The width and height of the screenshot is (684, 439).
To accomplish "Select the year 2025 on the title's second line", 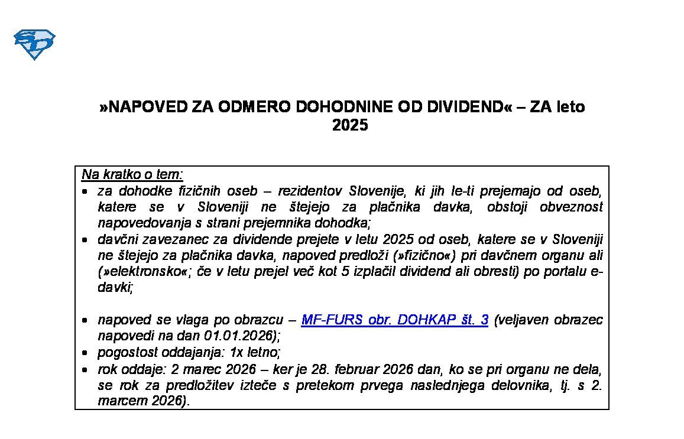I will tap(350, 125).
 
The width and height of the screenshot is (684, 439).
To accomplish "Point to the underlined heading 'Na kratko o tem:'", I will tap(132, 175).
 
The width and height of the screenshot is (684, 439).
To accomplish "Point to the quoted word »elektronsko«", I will tap(140, 272).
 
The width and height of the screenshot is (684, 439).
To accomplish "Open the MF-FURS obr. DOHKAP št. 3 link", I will tap(394, 320).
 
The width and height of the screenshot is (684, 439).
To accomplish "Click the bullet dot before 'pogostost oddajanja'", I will tap(86, 353).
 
